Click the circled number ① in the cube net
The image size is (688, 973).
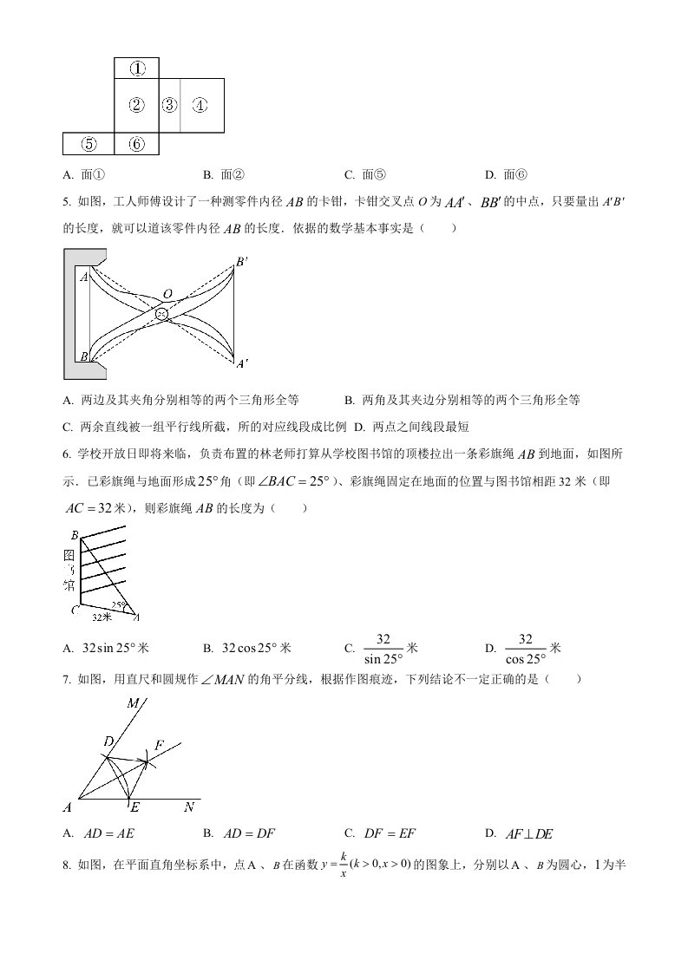(137, 68)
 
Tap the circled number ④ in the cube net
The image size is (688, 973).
(200, 106)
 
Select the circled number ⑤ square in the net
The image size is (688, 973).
(88, 145)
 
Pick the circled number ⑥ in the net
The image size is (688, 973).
(137, 145)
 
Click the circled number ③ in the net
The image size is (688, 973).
(169, 106)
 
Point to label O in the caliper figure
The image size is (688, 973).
(167, 294)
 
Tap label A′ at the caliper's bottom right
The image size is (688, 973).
(242, 364)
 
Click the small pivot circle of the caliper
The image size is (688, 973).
(162, 313)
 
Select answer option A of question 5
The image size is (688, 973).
(182, 400)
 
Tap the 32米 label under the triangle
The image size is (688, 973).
(102, 617)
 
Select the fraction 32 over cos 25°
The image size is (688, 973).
(524, 648)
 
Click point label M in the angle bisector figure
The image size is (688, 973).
(133, 704)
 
